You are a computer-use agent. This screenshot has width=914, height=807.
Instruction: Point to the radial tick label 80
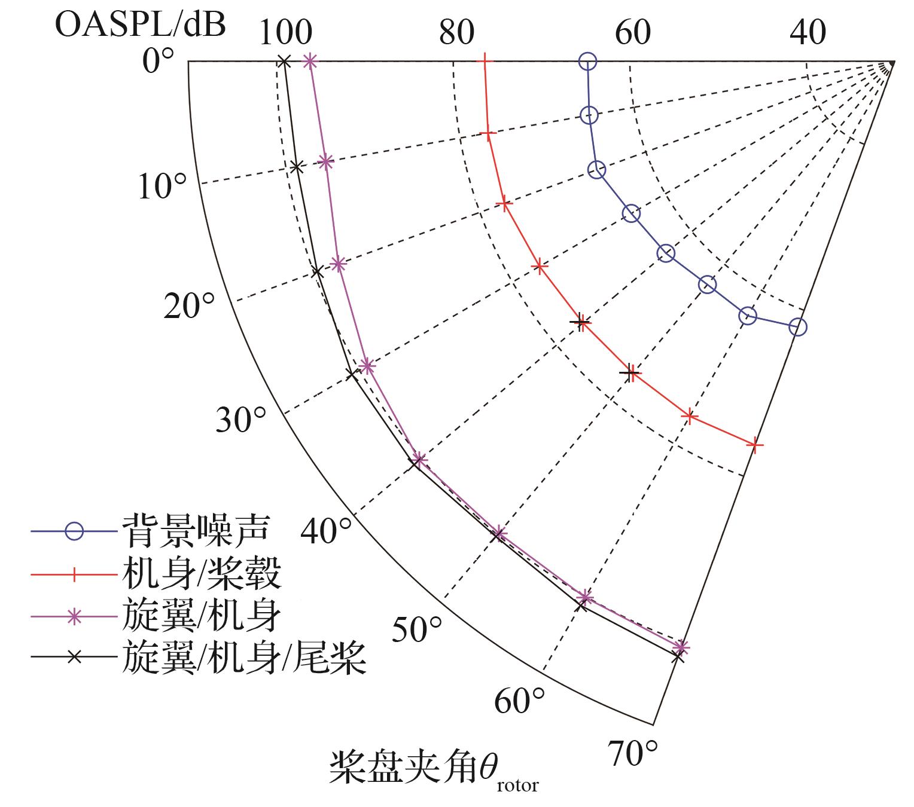click(456, 32)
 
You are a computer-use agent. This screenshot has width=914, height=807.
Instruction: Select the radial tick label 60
click(633, 32)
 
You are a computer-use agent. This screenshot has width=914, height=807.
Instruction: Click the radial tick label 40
click(808, 32)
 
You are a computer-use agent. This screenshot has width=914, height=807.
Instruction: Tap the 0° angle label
click(159, 60)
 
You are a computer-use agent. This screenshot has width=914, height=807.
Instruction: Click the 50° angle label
click(417, 629)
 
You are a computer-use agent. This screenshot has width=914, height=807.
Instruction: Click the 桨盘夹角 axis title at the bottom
click(433, 769)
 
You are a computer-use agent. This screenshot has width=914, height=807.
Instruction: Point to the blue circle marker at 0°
click(588, 61)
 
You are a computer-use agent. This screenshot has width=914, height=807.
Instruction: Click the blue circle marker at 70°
click(798, 327)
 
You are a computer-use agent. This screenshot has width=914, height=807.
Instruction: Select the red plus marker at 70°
click(755, 444)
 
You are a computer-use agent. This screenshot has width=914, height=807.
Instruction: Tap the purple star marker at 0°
click(310, 60)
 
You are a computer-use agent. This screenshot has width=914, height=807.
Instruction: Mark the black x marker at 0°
click(284, 61)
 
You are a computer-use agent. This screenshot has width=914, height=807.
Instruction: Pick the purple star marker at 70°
click(681, 647)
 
